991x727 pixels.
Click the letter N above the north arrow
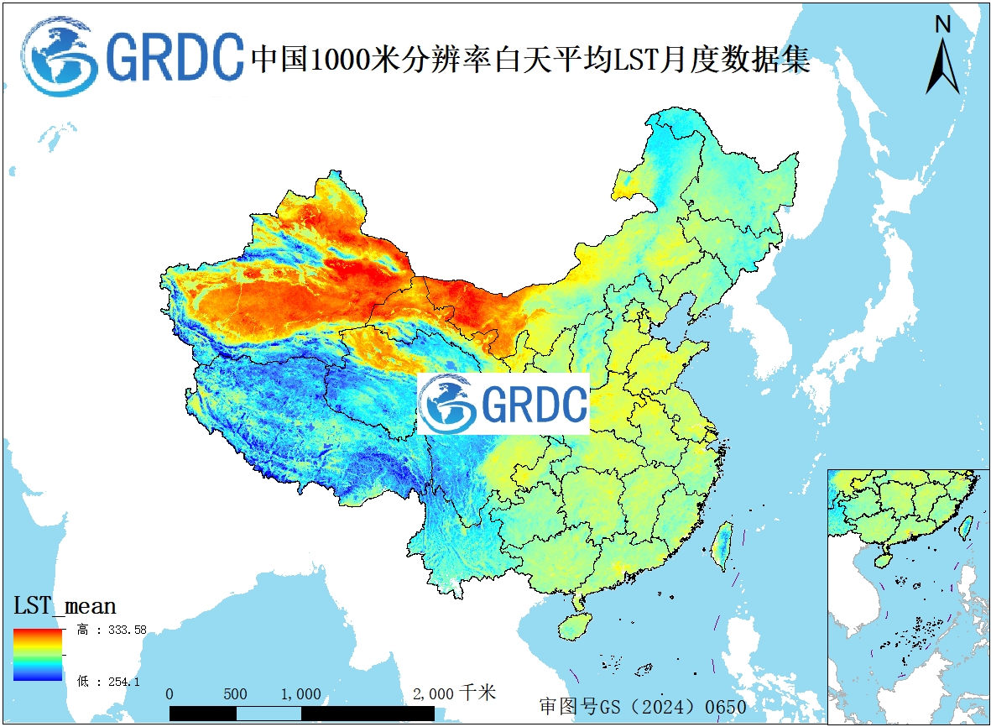point(942,24)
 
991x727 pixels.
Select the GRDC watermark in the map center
point(503,404)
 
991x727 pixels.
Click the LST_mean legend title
point(65,605)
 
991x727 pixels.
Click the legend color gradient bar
point(38,653)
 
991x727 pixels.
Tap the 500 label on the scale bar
point(236,694)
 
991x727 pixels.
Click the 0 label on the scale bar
point(170,694)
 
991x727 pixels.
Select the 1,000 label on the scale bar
point(300,694)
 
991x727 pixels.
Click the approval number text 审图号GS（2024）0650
point(643,707)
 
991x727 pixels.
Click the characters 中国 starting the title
point(279,60)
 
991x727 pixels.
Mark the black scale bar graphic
point(302,714)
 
